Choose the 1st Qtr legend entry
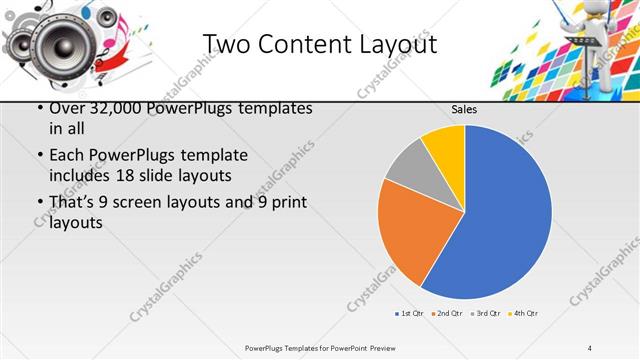pos(411,314)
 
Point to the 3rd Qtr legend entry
pos(486,314)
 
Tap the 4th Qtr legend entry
pos(524,314)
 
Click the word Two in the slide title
pos(226,44)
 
